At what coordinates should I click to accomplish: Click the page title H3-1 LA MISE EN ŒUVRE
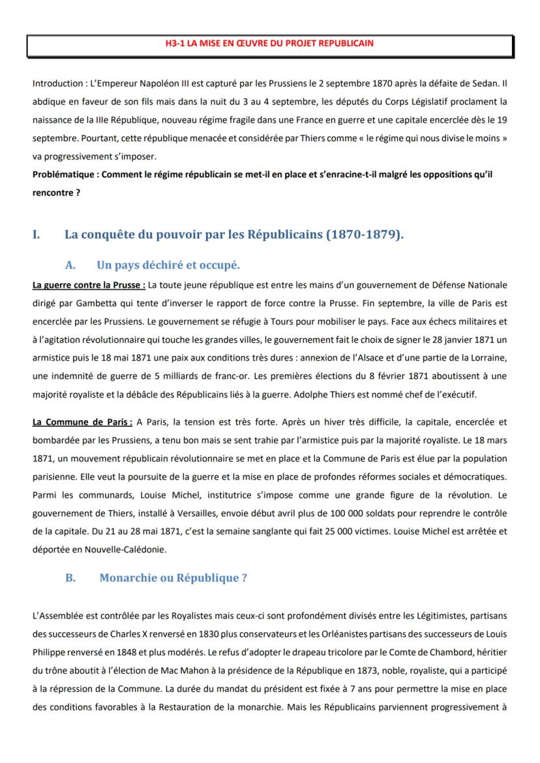(x=269, y=43)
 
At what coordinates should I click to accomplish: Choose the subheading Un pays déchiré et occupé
(x=168, y=265)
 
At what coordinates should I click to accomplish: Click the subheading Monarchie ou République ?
(x=173, y=577)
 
